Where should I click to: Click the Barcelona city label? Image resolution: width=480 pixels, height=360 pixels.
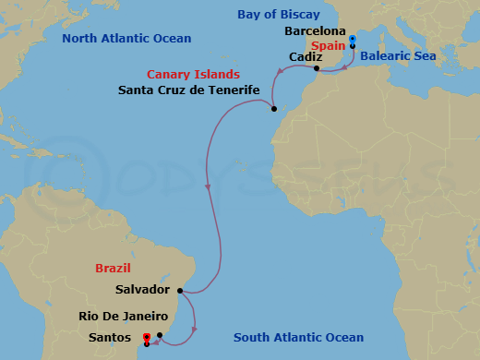pyautogui.click(x=315, y=30)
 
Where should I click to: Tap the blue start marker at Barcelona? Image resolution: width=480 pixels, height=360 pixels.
pyautogui.click(x=353, y=39)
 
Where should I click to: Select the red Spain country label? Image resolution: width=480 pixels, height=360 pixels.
pyautogui.click(x=329, y=44)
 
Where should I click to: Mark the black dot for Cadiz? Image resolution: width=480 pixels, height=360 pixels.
pyautogui.click(x=316, y=68)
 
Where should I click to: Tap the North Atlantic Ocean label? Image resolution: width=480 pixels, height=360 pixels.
pyautogui.click(x=126, y=38)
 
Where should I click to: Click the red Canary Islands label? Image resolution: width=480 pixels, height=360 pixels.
pyautogui.click(x=195, y=74)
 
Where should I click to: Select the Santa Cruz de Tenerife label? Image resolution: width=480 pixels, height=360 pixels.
pyautogui.click(x=188, y=90)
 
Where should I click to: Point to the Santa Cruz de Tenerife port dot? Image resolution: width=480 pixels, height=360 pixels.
pyautogui.click(x=274, y=109)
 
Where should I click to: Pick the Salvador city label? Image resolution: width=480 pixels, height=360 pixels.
pyautogui.click(x=143, y=289)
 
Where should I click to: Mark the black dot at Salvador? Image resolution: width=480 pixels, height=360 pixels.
pyautogui.click(x=179, y=292)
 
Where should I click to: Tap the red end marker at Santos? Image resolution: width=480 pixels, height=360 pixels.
pyautogui.click(x=147, y=337)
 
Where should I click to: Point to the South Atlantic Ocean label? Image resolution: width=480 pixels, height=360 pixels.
pyautogui.click(x=298, y=338)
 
